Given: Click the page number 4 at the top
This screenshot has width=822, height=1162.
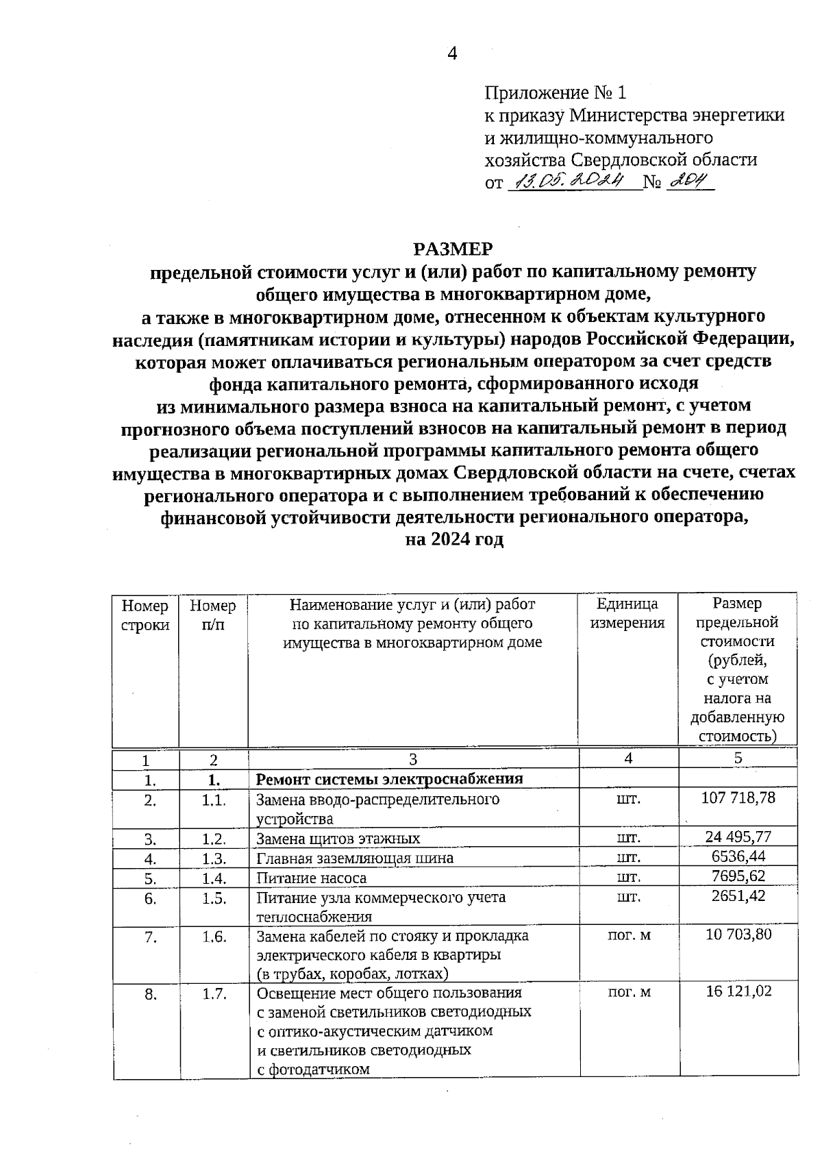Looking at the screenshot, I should point(452,53).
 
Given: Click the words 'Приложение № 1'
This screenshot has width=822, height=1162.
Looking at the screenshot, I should point(555,92).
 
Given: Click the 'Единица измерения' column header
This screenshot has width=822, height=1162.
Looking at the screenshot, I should point(627,613).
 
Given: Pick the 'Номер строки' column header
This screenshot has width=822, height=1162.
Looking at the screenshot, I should point(145,615).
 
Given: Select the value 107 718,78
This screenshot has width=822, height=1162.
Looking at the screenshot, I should point(738,798).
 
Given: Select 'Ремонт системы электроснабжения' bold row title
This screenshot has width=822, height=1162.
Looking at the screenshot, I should point(389,779).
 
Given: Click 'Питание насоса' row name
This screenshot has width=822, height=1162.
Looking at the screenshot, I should point(311,878).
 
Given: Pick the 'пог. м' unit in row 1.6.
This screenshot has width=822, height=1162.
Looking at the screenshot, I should point(629,935).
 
